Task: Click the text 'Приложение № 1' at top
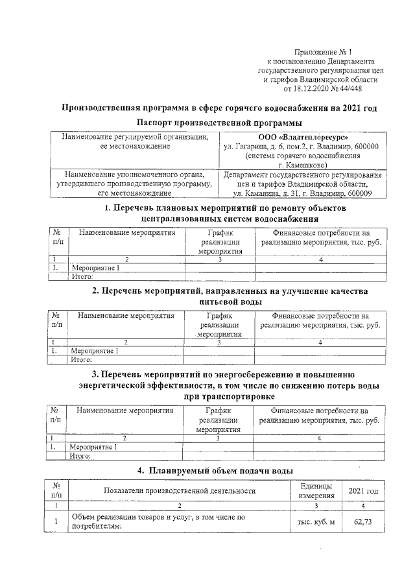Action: click(322, 51)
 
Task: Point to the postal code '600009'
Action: click(358, 193)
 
